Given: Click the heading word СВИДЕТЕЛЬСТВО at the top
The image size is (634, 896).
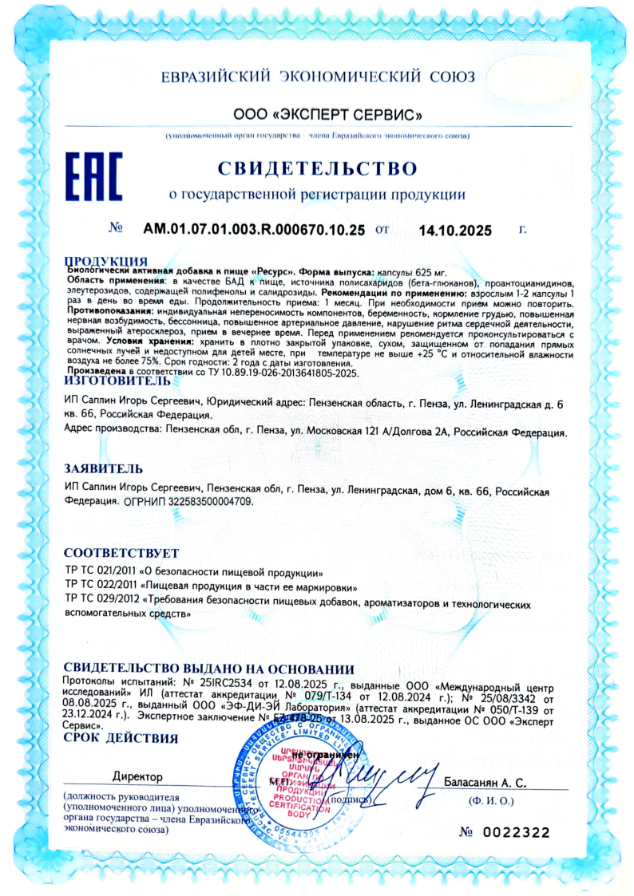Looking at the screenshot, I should tap(317, 169).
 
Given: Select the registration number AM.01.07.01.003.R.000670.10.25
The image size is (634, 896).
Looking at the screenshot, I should tap(254, 230).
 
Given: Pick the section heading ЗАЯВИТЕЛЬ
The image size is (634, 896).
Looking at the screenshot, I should tap(104, 468).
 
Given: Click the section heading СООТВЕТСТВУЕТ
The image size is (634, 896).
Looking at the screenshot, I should tap(121, 553).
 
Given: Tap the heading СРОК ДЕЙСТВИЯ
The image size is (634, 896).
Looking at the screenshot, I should tap(121, 738).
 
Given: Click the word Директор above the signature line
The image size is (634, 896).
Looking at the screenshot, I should tap(137, 776).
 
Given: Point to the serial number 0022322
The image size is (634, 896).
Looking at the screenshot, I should tap(515, 832).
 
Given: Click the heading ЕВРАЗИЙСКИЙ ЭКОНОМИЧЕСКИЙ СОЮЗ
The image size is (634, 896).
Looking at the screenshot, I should tap(317, 77).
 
